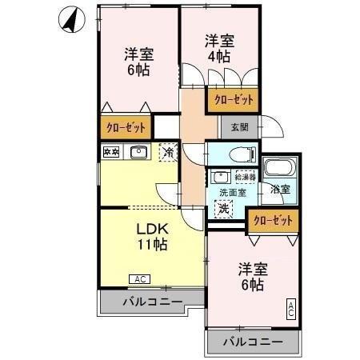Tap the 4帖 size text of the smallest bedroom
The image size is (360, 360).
[218, 57]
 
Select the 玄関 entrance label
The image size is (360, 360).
[239, 126]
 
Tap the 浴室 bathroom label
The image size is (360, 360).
[279, 190]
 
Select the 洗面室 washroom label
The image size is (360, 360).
[234, 193]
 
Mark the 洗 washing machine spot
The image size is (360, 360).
[225, 208]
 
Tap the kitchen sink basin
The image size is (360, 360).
[138, 151]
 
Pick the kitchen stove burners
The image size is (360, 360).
[110, 151]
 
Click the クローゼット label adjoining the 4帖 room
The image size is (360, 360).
[234, 100]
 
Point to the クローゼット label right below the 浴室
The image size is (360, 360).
[272, 220]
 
